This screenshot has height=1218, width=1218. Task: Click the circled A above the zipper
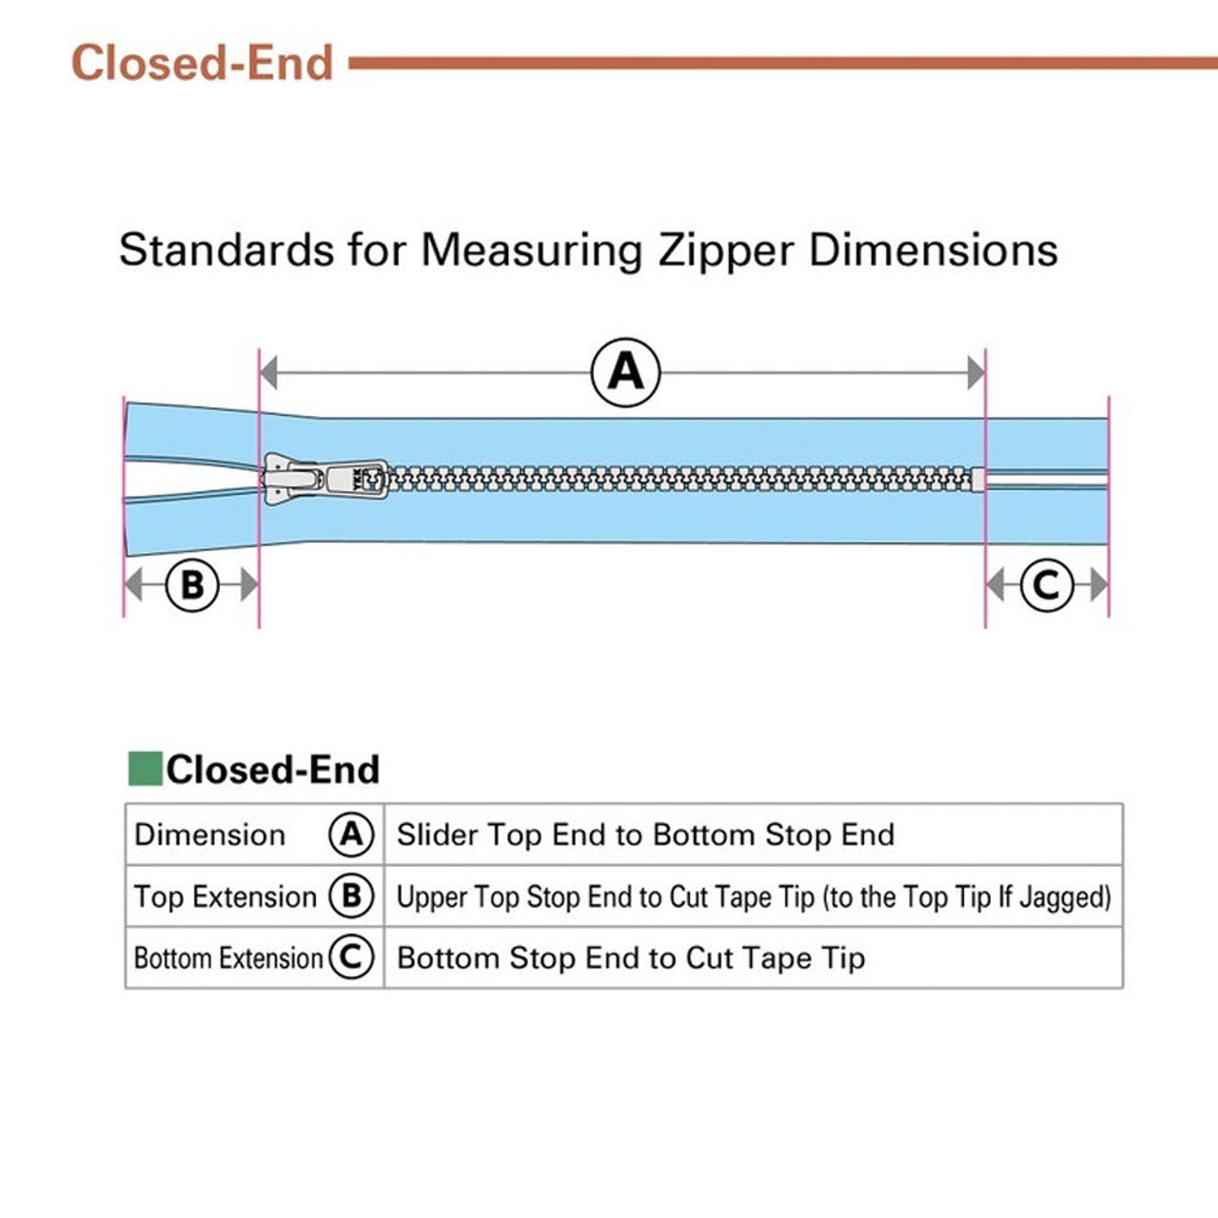tap(625, 372)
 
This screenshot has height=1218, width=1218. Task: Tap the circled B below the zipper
tap(192, 584)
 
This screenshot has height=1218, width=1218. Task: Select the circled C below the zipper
tap(1047, 584)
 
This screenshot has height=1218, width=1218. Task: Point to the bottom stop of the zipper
tap(977, 480)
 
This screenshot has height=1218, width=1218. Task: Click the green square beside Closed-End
tap(145, 769)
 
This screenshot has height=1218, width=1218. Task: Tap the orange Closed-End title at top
tap(202, 64)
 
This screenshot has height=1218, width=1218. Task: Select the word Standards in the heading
tap(226, 250)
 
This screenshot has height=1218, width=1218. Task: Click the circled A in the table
tap(351, 835)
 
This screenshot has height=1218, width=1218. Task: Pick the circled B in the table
tap(351, 896)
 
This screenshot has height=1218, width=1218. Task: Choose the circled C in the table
tap(351, 957)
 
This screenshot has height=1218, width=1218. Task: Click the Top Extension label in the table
tap(226, 896)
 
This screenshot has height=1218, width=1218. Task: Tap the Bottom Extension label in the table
tap(228, 957)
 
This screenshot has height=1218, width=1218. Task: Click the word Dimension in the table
tap(210, 835)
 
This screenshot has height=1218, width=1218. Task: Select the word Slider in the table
tap(437, 835)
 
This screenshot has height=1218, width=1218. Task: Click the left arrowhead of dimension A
tap(268, 373)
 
